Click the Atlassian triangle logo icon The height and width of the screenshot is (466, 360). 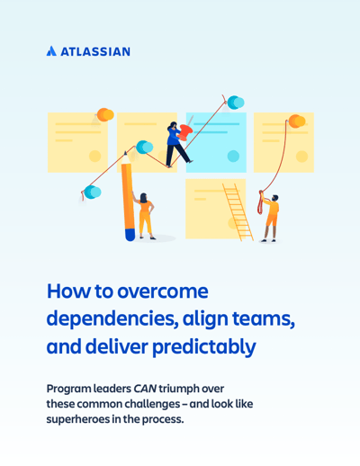[x=51, y=51]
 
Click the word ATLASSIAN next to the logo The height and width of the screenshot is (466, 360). [x=95, y=51]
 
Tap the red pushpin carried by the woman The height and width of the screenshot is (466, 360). [x=185, y=131]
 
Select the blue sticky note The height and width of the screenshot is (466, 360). [x=216, y=142]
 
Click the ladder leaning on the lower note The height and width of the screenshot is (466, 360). [x=238, y=212]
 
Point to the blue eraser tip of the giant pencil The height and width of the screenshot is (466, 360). [x=130, y=235]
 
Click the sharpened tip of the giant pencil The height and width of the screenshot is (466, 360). [x=125, y=154]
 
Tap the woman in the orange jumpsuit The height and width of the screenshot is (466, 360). [x=145, y=216]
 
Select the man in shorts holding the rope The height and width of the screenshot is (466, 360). [x=269, y=218]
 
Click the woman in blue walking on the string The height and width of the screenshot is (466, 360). [x=178, y=144]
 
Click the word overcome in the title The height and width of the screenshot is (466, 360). [x=162, y=291]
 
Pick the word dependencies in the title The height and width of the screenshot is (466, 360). [x=111, y=319]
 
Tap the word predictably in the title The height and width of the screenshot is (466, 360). [x=204, y=347]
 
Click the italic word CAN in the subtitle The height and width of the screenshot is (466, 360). [x=145, y=389]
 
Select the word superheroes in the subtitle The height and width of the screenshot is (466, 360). [x=77, y=419]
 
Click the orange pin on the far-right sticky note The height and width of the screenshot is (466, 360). [x=297, y=121]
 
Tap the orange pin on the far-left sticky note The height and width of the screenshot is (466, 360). [x=105, y=114]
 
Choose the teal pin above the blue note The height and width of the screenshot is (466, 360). [x=236, y=103]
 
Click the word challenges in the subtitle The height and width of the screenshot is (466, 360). [x=152, y=404]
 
